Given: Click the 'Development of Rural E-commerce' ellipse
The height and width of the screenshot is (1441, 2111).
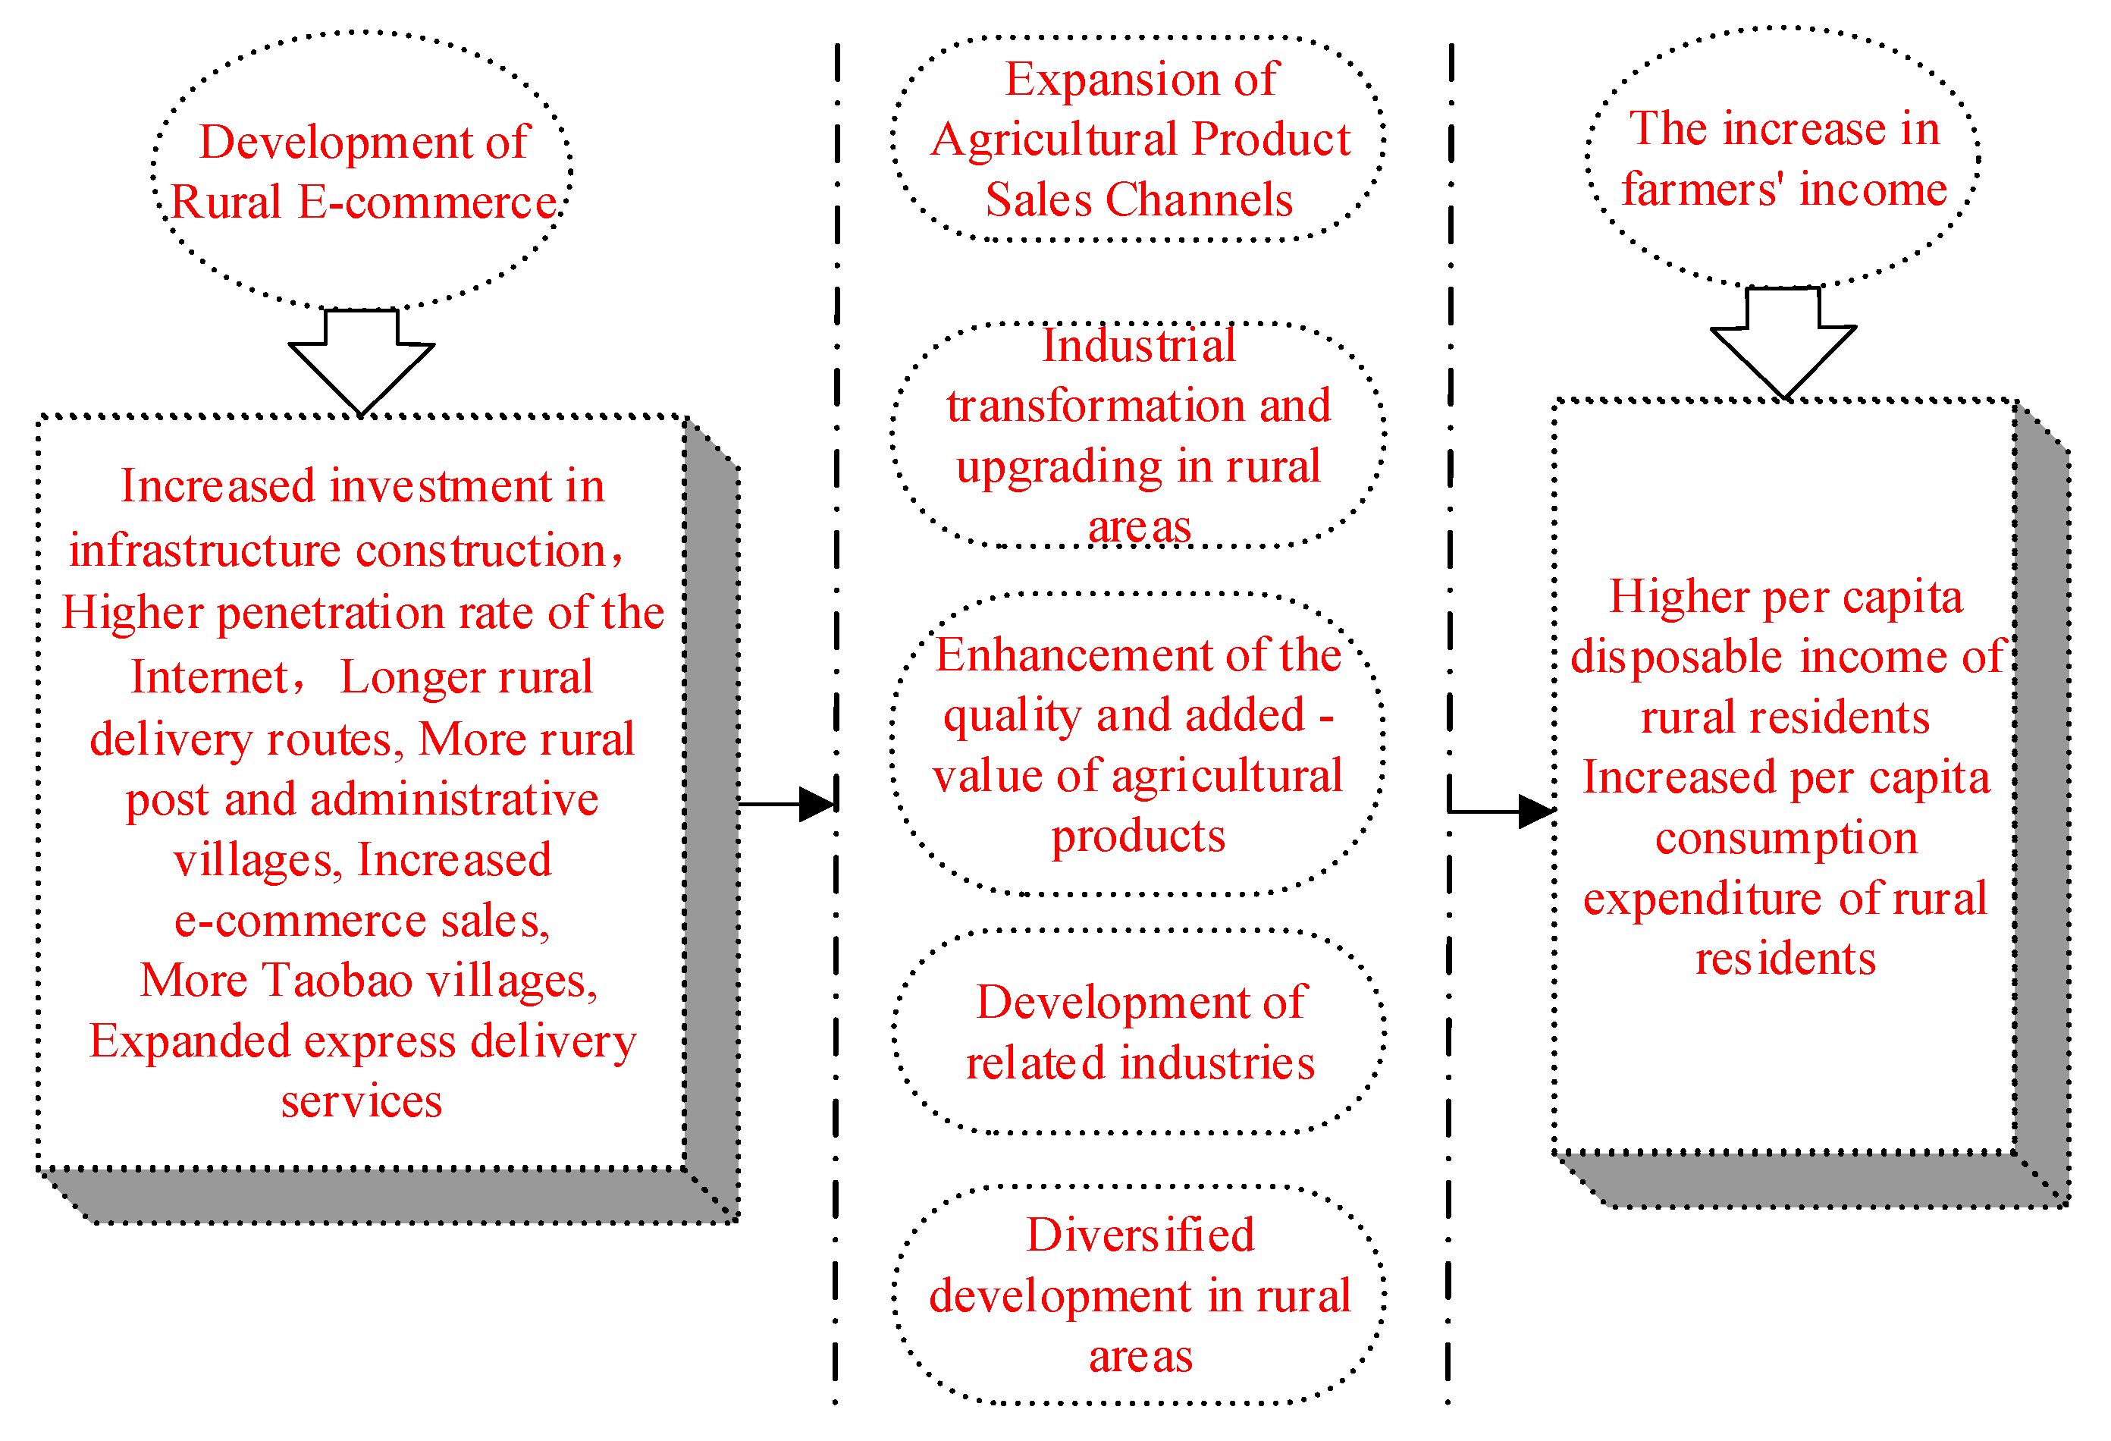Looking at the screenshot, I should (362, 171).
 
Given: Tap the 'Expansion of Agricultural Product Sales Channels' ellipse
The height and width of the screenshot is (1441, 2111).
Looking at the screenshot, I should (1138, 139).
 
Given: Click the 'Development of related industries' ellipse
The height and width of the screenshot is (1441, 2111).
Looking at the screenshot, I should (1139, 1031).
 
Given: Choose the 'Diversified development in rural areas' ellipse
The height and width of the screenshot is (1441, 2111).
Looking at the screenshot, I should (1139, 1295).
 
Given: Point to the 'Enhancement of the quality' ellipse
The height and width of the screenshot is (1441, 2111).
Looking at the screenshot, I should (1137, 744).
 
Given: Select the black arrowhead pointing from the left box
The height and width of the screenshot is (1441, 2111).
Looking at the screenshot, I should (817, 804).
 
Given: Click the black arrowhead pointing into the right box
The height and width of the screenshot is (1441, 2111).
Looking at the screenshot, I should (1536, 812).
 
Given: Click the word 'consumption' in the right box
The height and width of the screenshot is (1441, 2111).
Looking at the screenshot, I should (1786, 838).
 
